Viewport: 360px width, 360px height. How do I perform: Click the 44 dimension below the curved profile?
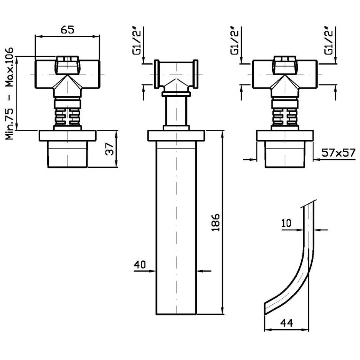coord(287,324)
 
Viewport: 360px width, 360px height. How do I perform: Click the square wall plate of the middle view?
coord(176,136)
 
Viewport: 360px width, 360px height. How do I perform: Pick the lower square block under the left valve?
coord(67,154)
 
